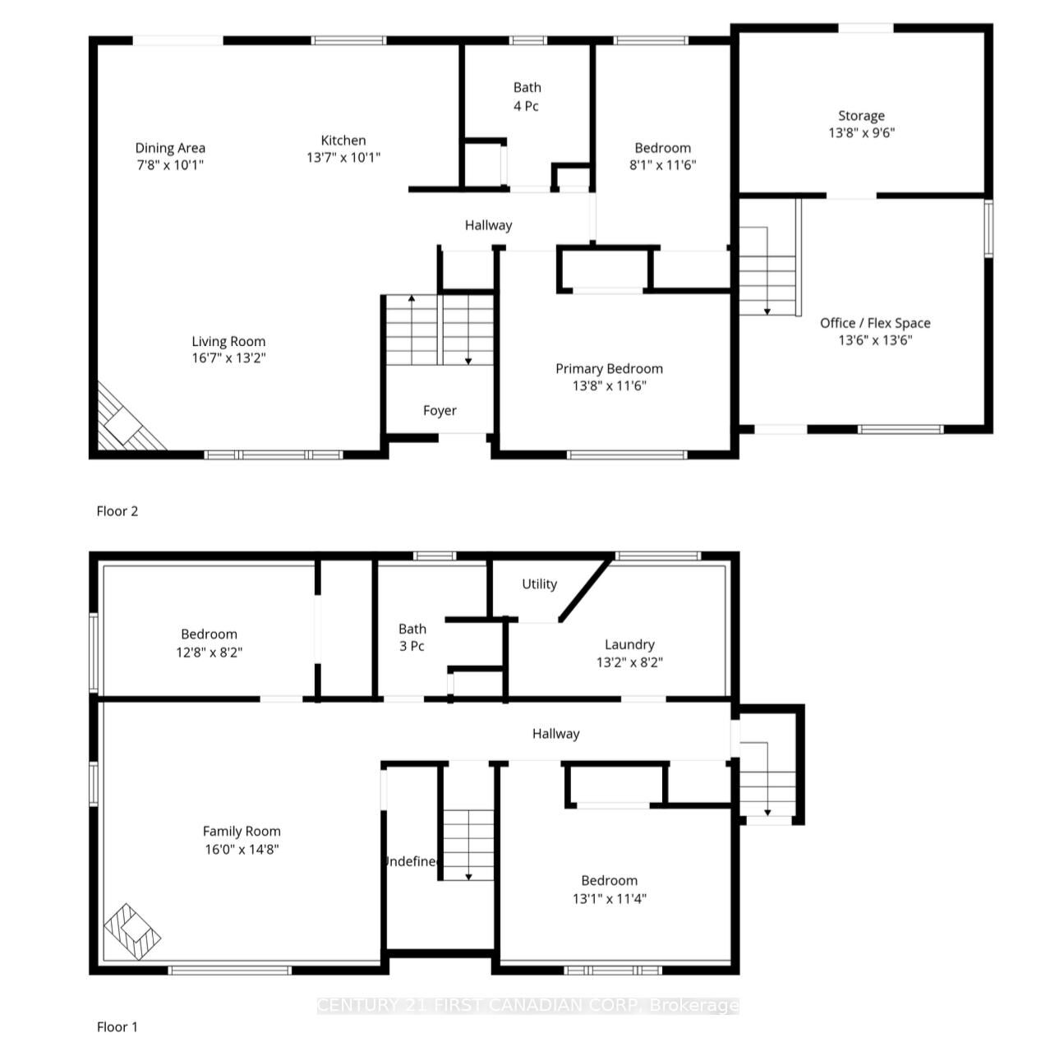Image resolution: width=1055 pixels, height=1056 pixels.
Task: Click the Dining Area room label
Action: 170,148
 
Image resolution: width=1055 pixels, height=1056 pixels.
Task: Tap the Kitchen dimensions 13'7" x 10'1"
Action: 343,158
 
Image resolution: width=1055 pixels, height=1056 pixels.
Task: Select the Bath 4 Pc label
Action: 527,96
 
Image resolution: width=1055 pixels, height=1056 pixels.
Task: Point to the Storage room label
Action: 861,116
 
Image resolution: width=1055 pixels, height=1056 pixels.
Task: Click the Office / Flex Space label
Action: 875,323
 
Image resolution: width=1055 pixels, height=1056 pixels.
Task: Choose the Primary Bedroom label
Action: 609,368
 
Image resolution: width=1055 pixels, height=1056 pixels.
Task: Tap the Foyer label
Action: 440,410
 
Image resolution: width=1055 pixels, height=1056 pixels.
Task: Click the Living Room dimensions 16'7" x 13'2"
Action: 228,358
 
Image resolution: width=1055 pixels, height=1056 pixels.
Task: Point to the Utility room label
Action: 539,584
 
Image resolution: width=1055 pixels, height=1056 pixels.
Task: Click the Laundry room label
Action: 629,645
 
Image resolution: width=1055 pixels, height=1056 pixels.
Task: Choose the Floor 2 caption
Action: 117,511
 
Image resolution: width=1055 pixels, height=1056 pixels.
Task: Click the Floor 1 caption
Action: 117,1026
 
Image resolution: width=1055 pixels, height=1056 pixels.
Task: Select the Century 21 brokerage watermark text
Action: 527,1005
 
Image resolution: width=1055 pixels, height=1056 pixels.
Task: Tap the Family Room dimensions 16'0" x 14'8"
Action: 242,849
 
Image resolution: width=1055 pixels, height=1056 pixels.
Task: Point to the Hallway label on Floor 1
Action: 555,734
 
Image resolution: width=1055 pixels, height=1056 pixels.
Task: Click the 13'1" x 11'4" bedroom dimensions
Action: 609,898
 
